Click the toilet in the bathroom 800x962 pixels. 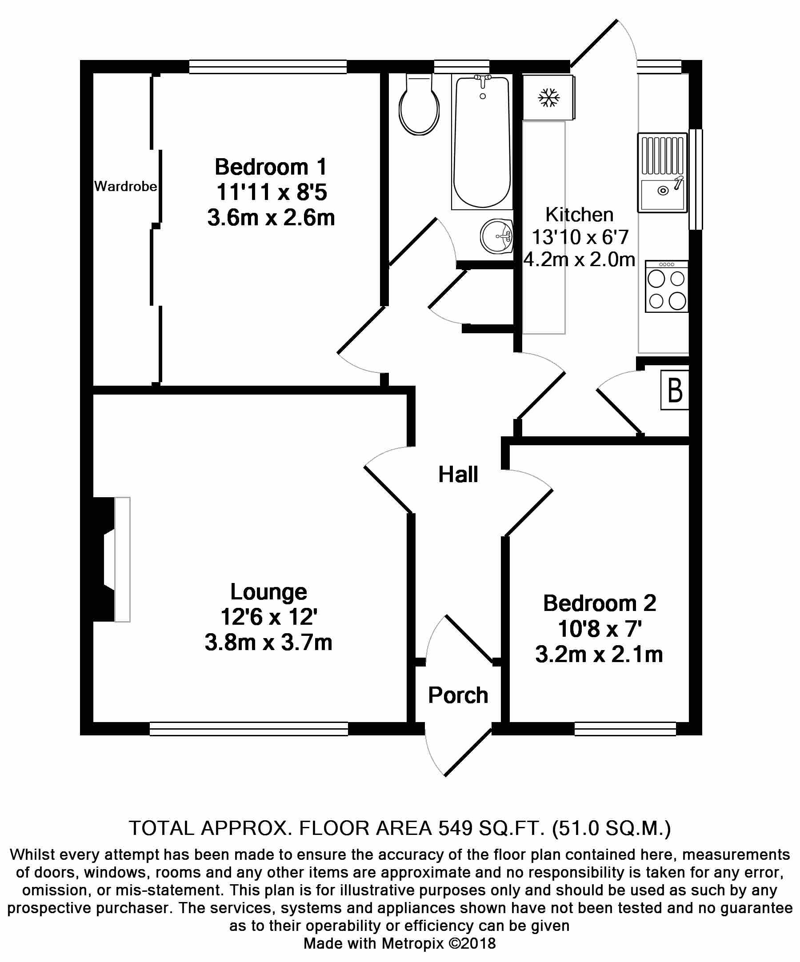click(419, 106)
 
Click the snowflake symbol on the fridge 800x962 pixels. click(548, 98)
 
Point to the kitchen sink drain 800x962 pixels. click(663, 191)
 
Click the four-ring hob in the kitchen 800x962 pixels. click(667, 287)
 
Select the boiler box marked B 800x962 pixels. click(675, 390)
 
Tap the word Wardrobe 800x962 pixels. click(125, 187)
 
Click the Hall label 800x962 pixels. click(458, 475)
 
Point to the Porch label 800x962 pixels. click(458, 695)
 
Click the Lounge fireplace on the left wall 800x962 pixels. click(110, 559)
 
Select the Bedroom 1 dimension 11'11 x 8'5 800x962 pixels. click(271, 192)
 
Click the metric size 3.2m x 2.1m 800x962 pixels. click(599, 655)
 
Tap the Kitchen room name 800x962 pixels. click(579, 215)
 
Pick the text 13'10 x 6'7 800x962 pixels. click(580, 237)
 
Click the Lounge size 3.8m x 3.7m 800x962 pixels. click(268, 642)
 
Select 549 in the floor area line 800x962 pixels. click(456, 828)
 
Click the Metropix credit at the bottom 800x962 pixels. click(400, 944)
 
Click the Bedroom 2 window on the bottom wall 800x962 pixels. click(625, 729)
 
